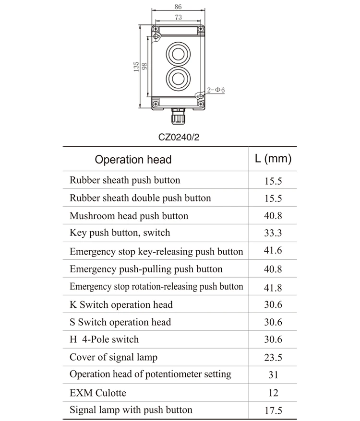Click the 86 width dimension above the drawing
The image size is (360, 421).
pos(178,7)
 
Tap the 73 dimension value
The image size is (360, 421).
pos(178,17)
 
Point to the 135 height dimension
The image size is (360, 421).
pos(137,67)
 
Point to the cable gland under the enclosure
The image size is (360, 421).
pos(177,117)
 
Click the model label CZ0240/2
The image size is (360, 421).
pos(179,137)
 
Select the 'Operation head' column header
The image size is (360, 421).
pos(133,159)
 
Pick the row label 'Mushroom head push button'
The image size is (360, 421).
pos(129,216)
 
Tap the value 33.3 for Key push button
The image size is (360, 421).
pos(273,233)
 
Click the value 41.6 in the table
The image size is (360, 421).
pos(273,251)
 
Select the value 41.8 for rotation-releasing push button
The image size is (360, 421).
pos(273,288)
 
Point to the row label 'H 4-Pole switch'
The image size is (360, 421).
pos(104,339)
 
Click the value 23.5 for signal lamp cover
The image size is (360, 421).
pos(273,357)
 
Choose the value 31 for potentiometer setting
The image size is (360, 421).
pos(273,375)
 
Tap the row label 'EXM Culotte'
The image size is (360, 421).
pos(98,393)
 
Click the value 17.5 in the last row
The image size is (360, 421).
pos(273,410)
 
